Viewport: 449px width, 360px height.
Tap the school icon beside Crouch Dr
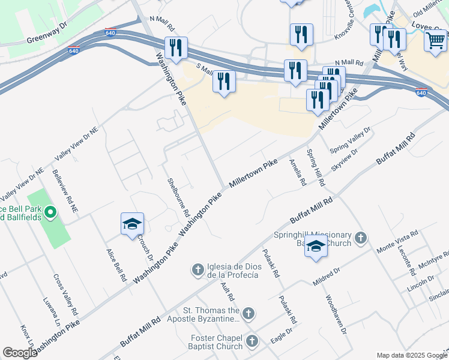coord(132,224)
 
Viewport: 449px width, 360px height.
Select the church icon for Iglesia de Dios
coord(198,270)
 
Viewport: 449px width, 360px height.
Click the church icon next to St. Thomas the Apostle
coord(249,313)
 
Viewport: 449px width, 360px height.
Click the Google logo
coord(20,353)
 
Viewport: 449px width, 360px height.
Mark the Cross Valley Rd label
coord(65,295)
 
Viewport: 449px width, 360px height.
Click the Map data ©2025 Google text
coord(411,355)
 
